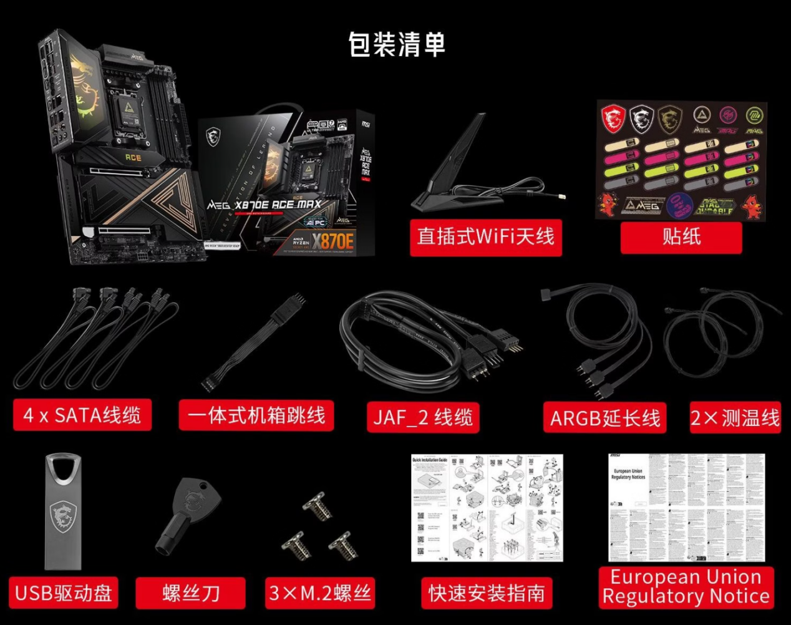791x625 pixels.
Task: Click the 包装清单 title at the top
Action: [397, 44]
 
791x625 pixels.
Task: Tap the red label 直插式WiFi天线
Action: [485, 237]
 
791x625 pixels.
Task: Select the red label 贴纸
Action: [681, 237]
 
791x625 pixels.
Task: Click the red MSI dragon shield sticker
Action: [613, 119]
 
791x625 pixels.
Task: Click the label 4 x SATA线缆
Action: [82, 415]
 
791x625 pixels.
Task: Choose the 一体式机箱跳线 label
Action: [256, 415]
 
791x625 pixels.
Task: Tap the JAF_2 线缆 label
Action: [423, 417]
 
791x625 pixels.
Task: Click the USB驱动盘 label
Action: [64, 593]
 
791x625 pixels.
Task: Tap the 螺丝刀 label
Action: [191, 593]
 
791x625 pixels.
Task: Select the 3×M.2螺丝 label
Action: [320, 593]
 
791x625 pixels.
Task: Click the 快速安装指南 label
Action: [487, 593]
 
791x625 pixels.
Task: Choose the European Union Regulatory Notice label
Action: [686, 587]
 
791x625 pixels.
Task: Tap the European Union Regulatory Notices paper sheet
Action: [686, 508]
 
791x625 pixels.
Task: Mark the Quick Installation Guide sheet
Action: [487, 508]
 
